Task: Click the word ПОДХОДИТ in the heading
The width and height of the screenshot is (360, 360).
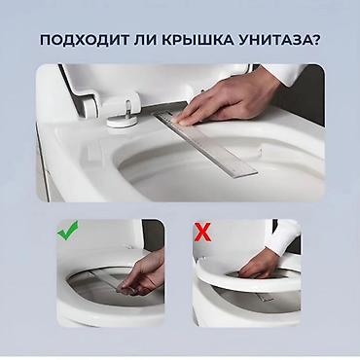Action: coord(83,40)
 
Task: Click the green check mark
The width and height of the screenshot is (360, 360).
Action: coord(67,233)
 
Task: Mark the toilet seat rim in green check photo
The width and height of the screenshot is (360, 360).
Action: coord(78,292)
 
